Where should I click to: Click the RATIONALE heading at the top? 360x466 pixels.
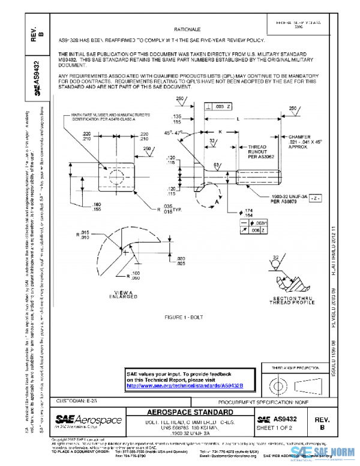pyautogui.click(x=187, y=28)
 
